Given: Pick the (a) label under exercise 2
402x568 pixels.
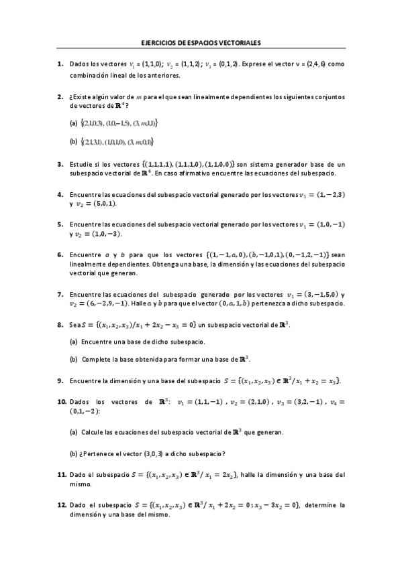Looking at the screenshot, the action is [73, 123].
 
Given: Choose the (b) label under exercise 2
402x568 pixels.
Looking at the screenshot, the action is [73, 141].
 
